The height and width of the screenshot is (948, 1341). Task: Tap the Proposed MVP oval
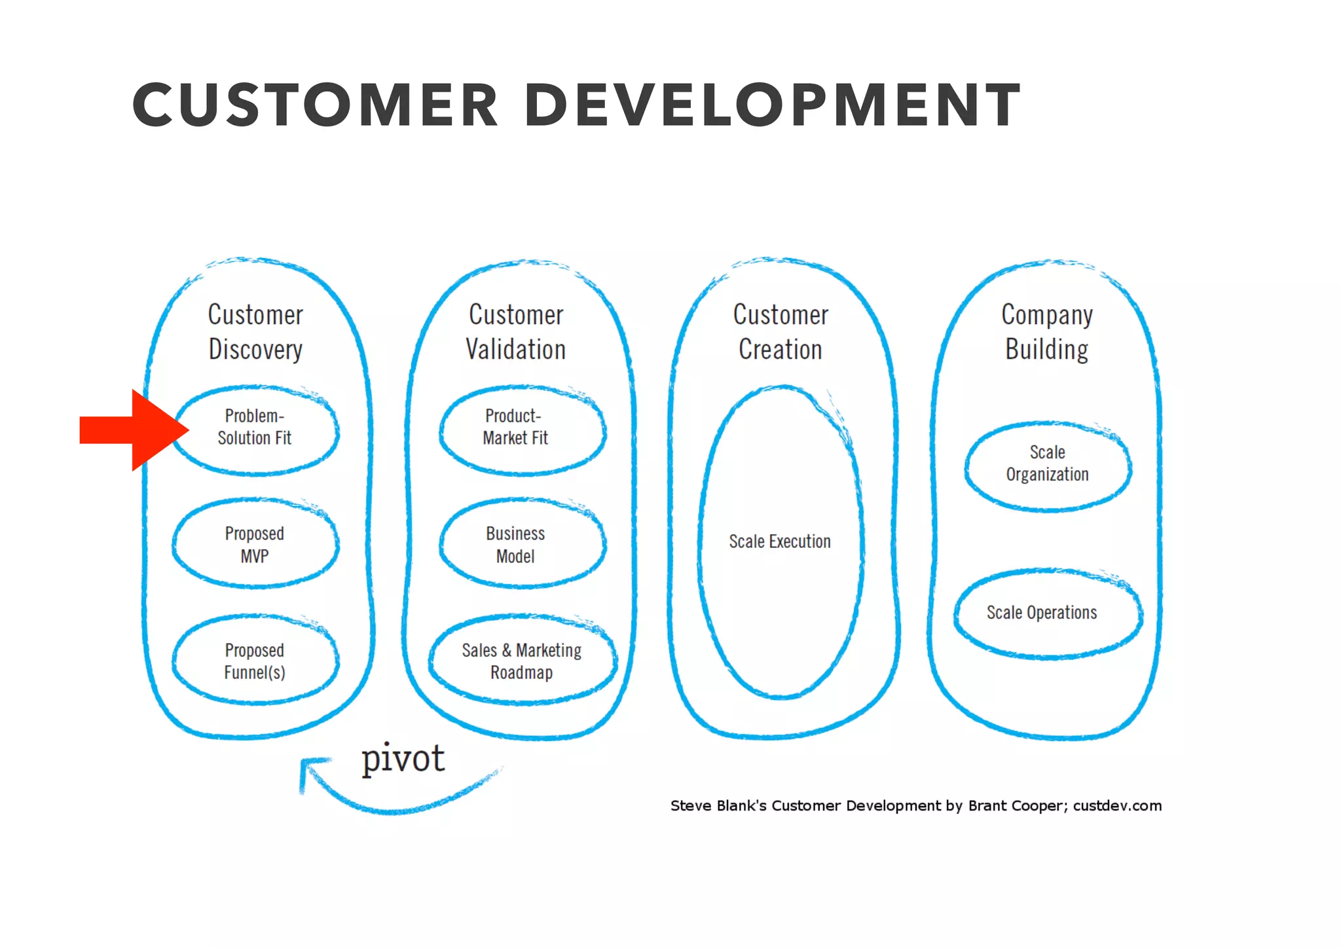255,544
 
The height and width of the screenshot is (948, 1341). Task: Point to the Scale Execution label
780,541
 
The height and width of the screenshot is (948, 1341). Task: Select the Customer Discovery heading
255,332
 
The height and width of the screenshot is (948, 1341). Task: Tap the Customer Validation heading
516,332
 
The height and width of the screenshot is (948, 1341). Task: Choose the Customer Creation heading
781,332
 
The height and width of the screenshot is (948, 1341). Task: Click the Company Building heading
1047,332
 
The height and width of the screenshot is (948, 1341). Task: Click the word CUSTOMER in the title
315,105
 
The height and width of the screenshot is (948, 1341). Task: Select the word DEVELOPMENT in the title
772,105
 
